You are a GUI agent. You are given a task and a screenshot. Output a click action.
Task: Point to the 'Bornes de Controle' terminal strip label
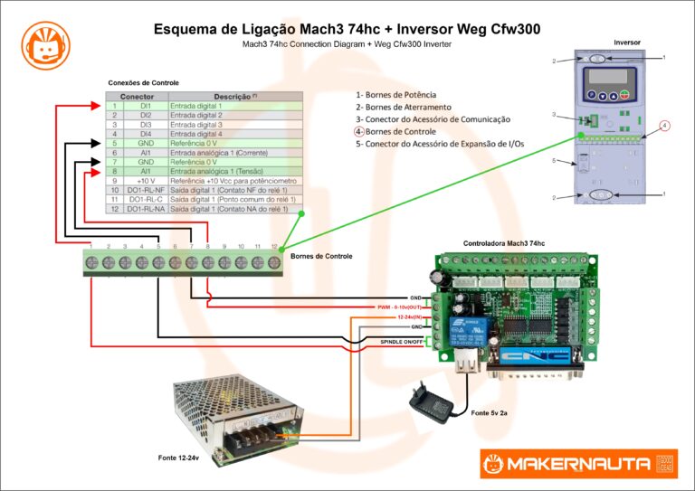point(321,257)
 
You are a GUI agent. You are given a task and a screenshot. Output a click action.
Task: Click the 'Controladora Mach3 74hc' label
point(504,244)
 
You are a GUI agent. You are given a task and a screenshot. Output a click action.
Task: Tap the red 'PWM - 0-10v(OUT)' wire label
point(400,307)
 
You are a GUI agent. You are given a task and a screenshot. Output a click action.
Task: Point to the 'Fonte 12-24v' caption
point(177,458)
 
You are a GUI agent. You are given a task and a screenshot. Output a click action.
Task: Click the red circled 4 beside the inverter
point(664,126)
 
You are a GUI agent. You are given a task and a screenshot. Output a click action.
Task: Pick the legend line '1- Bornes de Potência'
point(396,95)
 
